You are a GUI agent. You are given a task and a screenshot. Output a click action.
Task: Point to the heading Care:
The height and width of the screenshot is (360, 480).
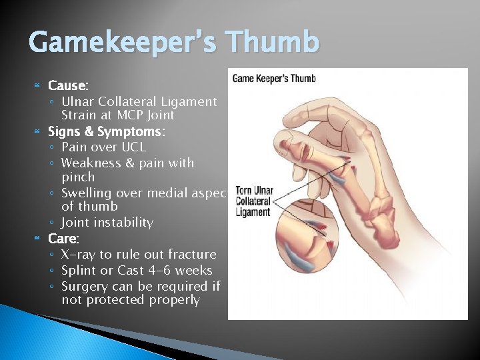64,238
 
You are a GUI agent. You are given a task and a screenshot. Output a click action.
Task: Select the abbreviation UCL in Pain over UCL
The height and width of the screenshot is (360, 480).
133,147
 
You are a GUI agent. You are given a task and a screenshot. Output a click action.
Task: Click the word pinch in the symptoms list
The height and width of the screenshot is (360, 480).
78,178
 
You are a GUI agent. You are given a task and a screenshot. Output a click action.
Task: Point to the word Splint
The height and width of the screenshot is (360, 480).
78,271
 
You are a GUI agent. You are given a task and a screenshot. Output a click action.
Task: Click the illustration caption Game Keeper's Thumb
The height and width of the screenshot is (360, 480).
273,79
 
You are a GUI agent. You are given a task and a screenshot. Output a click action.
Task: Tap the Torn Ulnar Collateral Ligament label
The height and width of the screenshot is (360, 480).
254,201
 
